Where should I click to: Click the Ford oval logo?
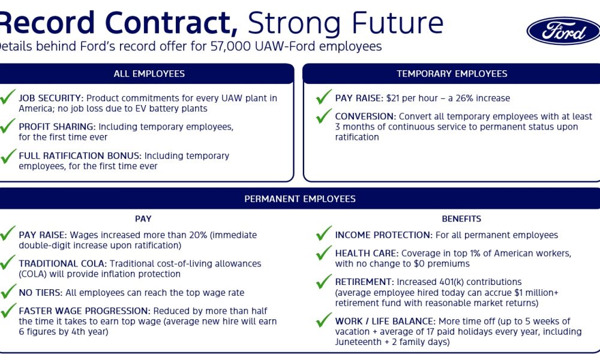pyautogui.click(x=563, y=31)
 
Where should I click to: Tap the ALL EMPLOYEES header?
pyautogui.click(x=149, y=73)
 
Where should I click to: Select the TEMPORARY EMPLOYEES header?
pyautogui.click(x=452, y=73)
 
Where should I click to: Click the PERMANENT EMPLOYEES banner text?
pyautogui.click(x=300, y=199)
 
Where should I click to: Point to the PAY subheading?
pyautogui.click(x=143, y=219)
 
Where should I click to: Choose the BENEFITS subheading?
pyautogui.click(x=461, y=219)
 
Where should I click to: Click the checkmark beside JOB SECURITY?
pyautogui.click(x=8, y=97)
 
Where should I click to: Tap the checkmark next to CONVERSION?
pyautogui.click(x=324, y=116)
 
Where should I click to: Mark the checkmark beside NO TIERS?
pyautogui.click(x=8, y=291)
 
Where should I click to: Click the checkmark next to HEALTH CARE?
pyautogui.click(x=324, y=253)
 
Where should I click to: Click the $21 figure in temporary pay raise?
pyautogui.click(x=392, y=98)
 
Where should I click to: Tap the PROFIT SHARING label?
pyautogui.click(x=57, y=127)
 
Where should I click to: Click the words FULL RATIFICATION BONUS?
pyautogui.click(x=80, y=156)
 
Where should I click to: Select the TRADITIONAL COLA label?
pyautogui.click(x=63, y=263)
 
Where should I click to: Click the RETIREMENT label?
pyautogui.click(x=364, y=282)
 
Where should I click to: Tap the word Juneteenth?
pyautogui.click(x=356, y=342)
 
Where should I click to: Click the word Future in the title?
pyautogui.click(x=397, y=23)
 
